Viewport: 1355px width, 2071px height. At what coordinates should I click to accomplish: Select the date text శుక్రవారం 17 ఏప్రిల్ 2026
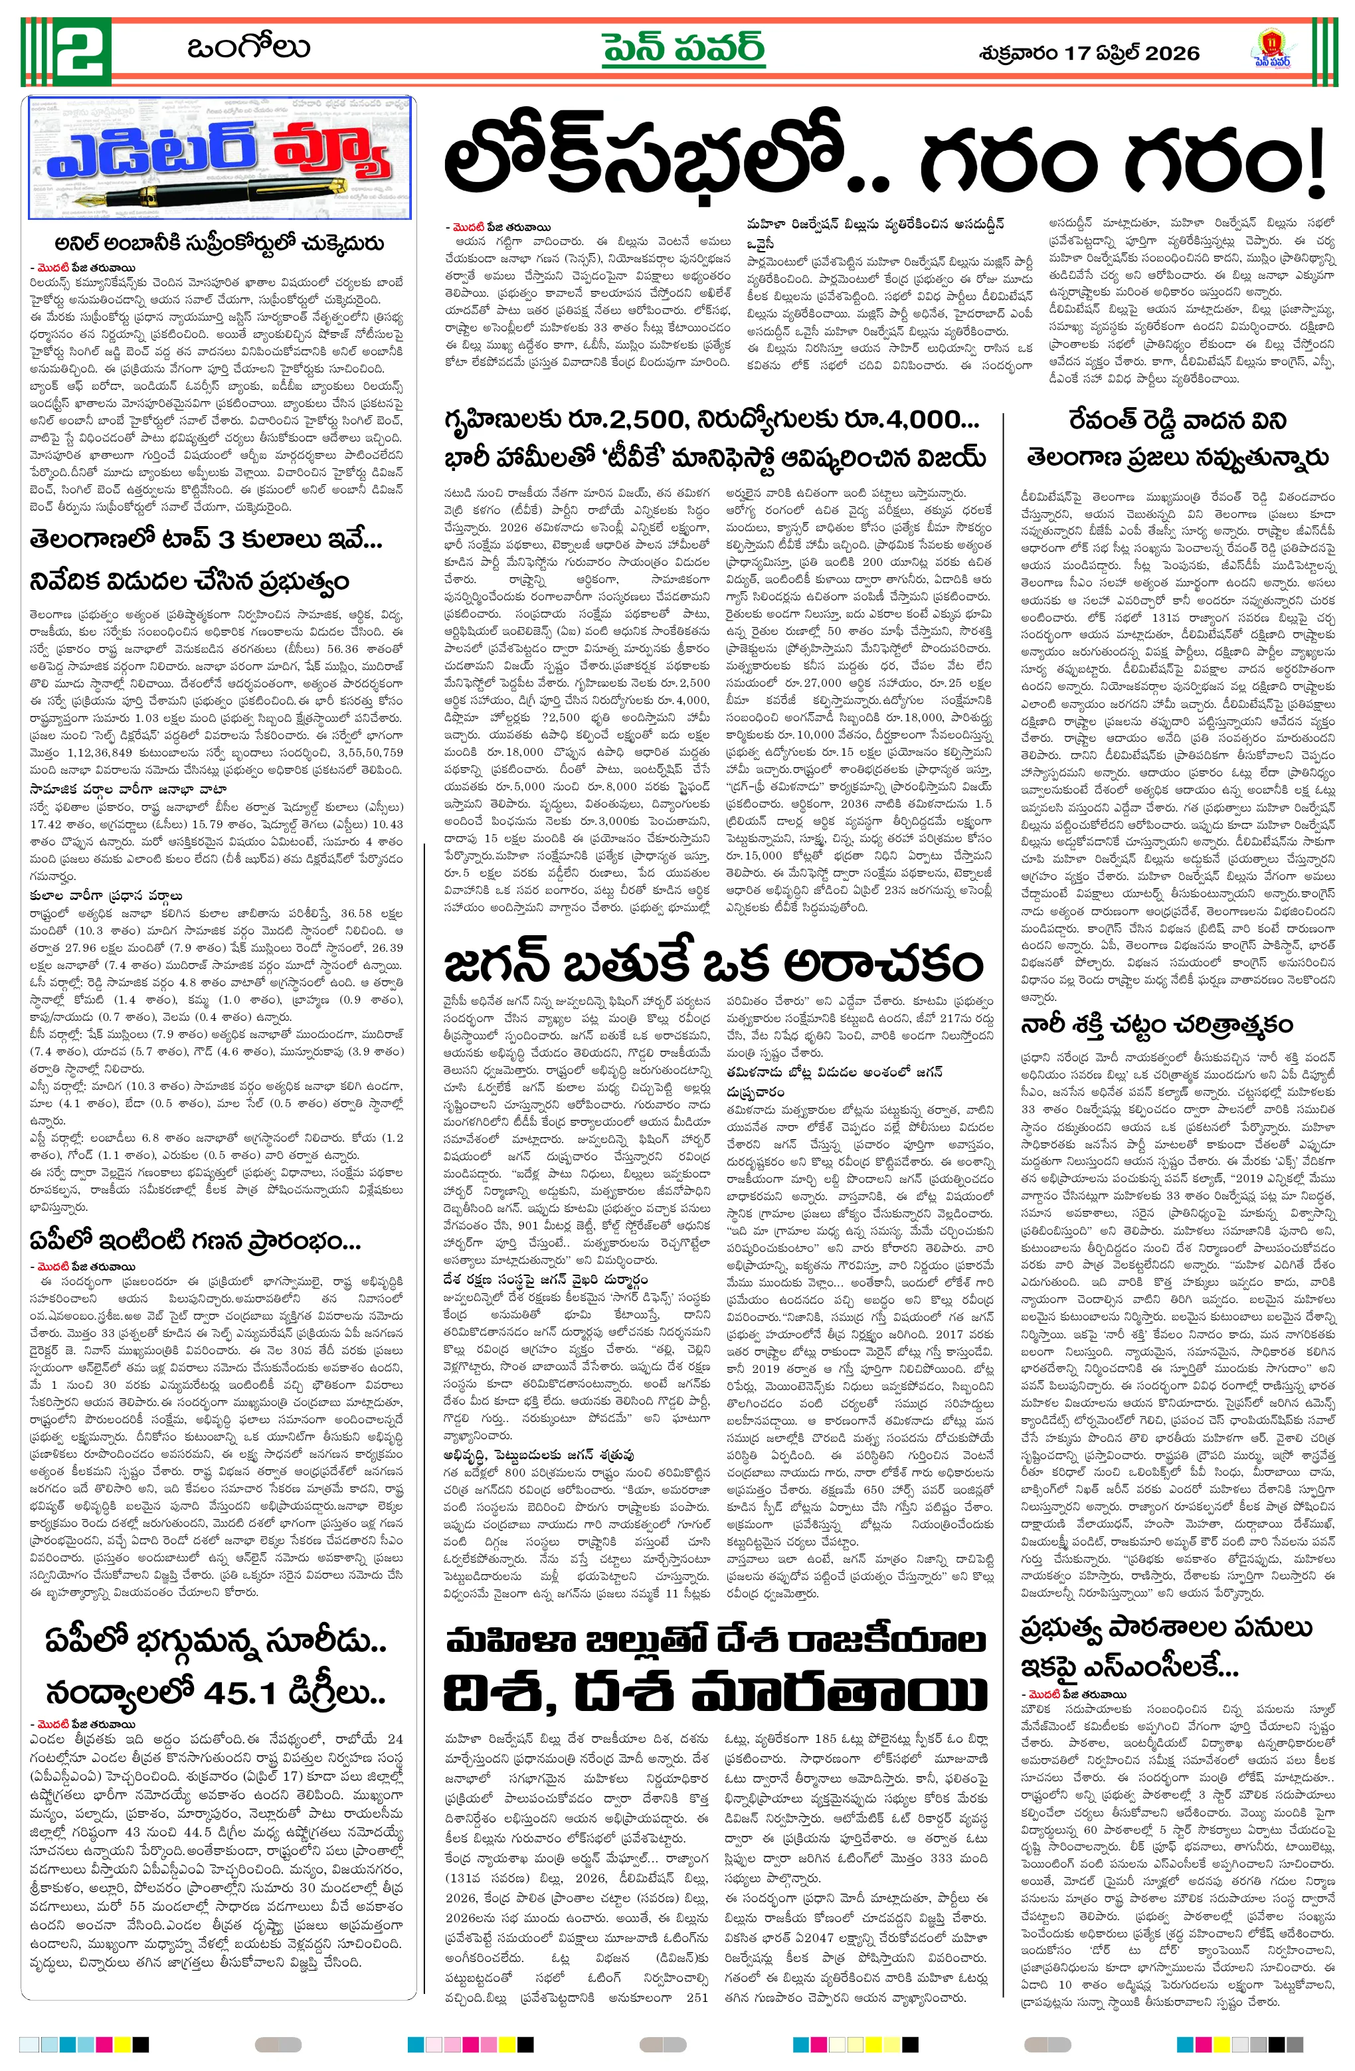(x=1089, y=53)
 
